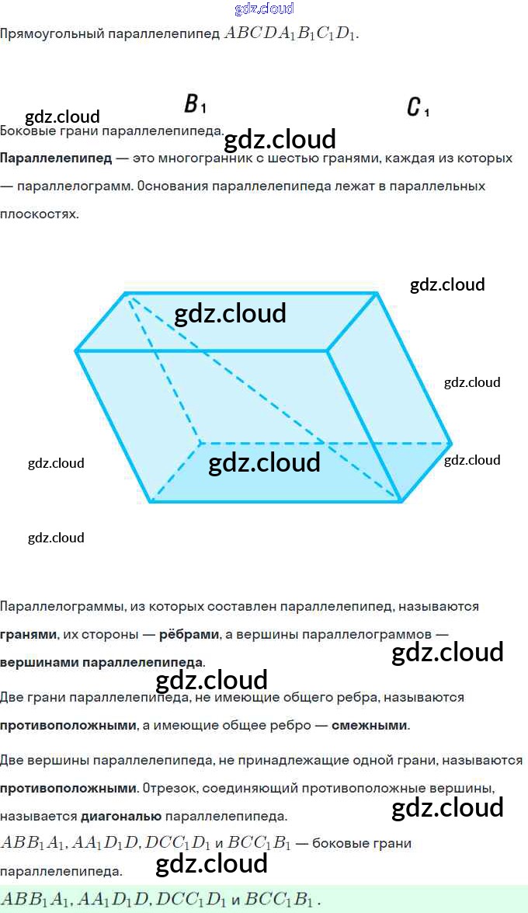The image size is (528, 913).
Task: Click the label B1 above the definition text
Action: click(x=195, y=105)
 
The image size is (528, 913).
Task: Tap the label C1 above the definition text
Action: click(x=418, y=107)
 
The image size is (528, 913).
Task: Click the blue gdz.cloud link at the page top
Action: click(x=264, y=9)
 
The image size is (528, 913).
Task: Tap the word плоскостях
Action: click(x=39, y=214)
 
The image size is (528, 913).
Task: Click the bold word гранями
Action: click(x=28, y=634)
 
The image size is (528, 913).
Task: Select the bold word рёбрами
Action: click(x=189, y=634)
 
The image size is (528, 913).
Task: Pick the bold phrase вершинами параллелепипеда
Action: click(x=102, y=663)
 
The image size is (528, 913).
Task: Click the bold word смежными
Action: click(x=370, y=726)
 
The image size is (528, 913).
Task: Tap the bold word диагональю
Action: click(x=121, y=817)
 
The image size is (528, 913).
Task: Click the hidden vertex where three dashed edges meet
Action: click(x=200, y=443)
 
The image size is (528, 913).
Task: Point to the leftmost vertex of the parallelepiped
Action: click(x=76, y=352)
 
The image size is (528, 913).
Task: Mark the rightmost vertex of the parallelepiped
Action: click(x=451, y=444)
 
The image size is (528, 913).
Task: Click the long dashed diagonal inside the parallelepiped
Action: click(x=264, y=397)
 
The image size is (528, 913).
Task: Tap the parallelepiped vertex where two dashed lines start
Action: click(x=127, y=294)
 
